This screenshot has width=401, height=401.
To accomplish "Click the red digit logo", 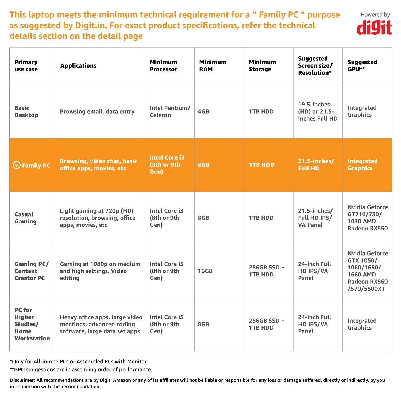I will (x=374, y=28).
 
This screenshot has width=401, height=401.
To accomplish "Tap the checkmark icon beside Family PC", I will (x=17, y=165).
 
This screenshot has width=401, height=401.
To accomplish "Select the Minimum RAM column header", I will (x=213, y=66).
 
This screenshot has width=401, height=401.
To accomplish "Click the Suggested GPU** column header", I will (x=362, y=66).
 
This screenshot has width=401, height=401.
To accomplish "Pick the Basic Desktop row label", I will (x=26, y=111).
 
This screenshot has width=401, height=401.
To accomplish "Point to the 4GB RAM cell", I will (x=203, y=111).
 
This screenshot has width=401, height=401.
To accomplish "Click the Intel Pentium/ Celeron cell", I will (x=169, y=111).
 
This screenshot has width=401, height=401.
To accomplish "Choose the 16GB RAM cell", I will (x=205, y=271).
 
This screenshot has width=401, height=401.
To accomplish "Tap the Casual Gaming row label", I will (x=25, y=218).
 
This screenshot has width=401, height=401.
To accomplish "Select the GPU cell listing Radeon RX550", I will (x=367, y=218).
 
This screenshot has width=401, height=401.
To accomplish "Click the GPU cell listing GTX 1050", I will (x=367, y=271).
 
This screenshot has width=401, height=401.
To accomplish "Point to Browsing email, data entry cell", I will (x=97, y=111).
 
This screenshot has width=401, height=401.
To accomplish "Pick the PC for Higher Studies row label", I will (x=32, y=324).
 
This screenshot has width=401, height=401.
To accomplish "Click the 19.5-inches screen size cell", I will (x=318, y=111).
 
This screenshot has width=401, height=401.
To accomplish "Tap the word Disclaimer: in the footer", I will (x=23, y=380).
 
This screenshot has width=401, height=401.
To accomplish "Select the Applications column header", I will (x=78, y=66).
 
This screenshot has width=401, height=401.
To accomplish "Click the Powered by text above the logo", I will (x=375, y=15).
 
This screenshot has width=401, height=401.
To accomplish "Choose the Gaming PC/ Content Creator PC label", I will (x=31, y=271).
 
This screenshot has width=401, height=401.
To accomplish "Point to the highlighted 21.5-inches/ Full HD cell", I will (x=316, y=165).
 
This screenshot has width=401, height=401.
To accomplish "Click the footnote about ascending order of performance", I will (x=81, y=369).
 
